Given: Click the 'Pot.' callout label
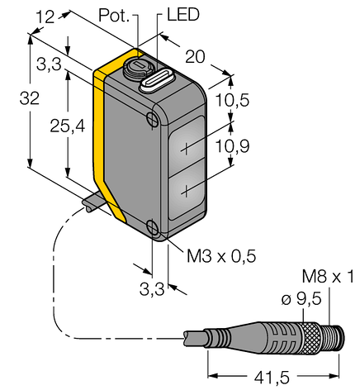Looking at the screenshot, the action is (x=114, y=15).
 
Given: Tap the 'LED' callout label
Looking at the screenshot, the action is (x=183, y=15).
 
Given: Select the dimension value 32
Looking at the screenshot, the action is (x=30, y=98).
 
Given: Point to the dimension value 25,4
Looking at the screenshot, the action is (x=68, y=126).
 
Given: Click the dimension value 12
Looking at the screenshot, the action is (x=46, y=17).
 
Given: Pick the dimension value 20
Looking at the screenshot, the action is (x=195, y=57).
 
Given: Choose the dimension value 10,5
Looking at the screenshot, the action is (x=232, y=100).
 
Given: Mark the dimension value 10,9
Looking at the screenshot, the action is (x=232, y=146).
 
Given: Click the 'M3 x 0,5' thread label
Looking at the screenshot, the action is (x=221, y=256).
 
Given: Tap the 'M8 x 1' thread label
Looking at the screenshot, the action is (x=328, y=277).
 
